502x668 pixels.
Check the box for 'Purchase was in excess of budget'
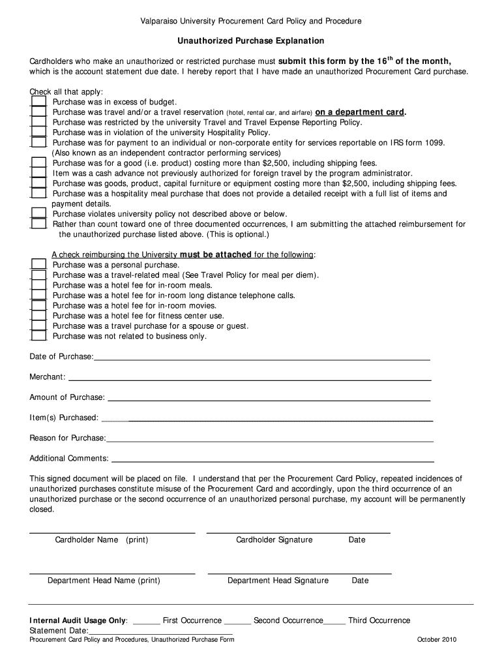39,102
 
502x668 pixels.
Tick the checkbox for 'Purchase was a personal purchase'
39,265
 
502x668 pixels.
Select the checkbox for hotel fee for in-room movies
39,305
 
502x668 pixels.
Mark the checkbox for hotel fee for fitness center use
39,316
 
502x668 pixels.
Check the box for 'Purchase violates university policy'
39,214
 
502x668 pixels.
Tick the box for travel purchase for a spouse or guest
39,326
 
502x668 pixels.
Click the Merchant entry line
249,378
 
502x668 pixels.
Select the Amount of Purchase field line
269,399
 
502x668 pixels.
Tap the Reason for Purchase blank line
269,439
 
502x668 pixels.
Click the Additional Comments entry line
272,459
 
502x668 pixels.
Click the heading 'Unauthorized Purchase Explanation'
251,40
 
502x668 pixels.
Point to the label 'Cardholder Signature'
274,539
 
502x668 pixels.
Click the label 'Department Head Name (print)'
104,580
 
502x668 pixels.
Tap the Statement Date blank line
160,632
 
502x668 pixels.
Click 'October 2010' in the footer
437,639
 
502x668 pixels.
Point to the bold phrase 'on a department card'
360,112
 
